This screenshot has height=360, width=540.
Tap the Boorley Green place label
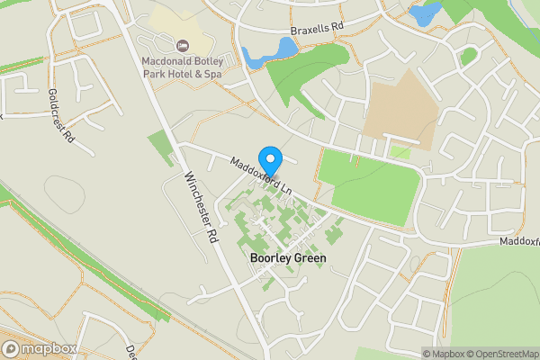[288, 258]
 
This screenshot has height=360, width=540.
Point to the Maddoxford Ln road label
[262, 177]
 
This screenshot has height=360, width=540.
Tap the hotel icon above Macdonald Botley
[184, 46]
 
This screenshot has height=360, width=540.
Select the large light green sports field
[373, 180]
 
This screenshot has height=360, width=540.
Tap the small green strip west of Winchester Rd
[159, 148]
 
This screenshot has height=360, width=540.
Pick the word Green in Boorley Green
[309, 258]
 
